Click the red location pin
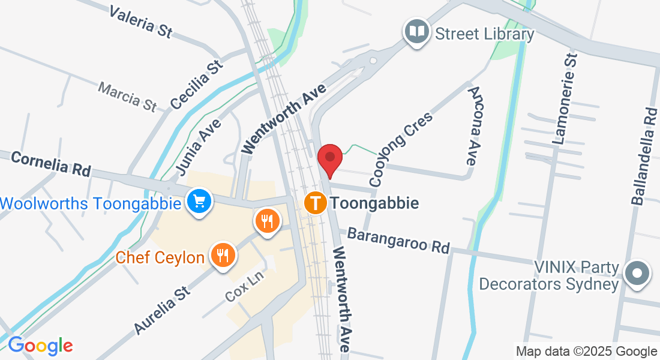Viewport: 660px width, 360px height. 329,158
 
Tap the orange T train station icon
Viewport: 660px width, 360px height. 316,203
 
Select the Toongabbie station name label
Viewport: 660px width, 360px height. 374,203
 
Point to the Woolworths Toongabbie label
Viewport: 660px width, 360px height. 91,203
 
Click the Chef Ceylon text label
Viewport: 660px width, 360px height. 160,258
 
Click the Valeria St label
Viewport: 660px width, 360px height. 140,23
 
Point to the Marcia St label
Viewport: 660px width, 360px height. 127,97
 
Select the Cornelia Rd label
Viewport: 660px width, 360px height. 50,164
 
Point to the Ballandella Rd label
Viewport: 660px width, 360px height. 644,156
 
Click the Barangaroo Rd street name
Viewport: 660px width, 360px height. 398,239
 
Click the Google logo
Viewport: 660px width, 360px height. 40,345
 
